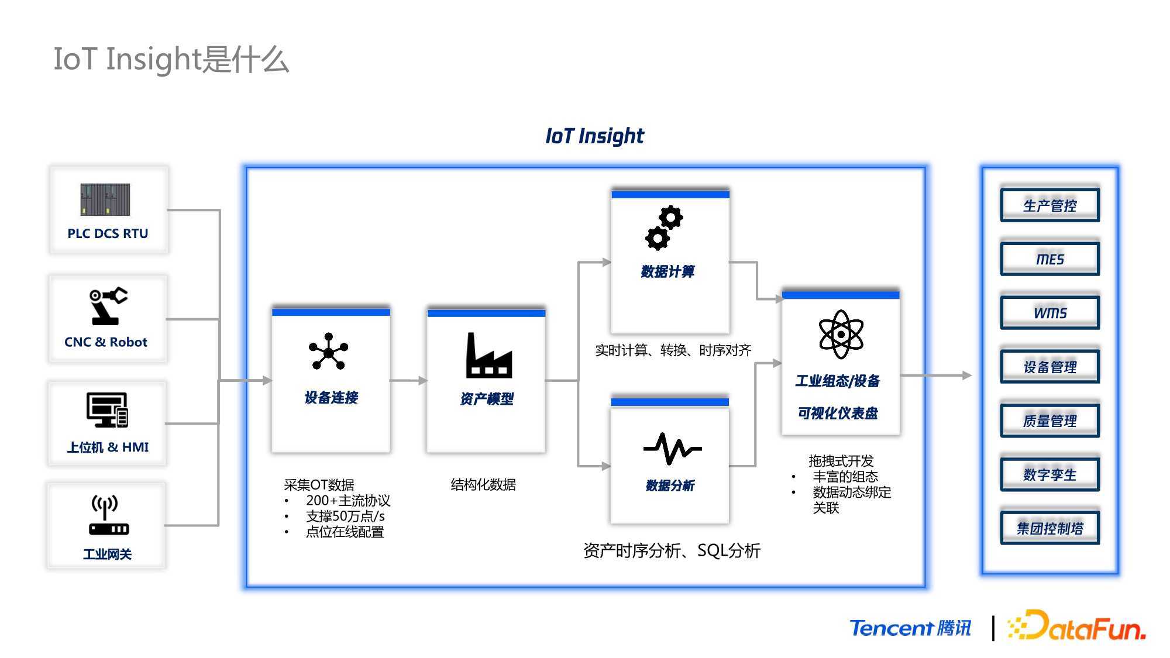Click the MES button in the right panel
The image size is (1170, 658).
(x=1050, y=259)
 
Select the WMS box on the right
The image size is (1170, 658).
(x=1050, y=313)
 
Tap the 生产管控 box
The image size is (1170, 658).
(x=1050, y=205)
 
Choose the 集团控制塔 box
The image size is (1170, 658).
(x=1050, y=528)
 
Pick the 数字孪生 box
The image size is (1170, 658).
(x=1050, y=474)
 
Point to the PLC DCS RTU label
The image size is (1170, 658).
(x=108, y=233)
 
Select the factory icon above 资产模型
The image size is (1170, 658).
(x=489, y=355)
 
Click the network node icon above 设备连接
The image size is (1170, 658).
(x=328, y=352)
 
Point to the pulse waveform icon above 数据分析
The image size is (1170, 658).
(x=672, y=449)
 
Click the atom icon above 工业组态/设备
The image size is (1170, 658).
(x=841, y=334)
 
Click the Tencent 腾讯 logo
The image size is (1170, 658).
(x=910, y=628)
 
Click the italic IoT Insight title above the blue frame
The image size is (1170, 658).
(x=594, y=136)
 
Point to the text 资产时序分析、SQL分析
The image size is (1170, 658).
(x=672, y=550)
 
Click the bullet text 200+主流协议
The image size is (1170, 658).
(x=348, y=501)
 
